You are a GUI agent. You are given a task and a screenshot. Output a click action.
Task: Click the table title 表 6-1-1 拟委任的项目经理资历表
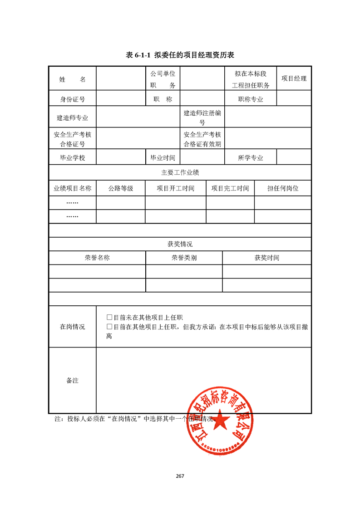[x=180, y=55]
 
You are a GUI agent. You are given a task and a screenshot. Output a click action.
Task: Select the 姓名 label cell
[x=72, y=79]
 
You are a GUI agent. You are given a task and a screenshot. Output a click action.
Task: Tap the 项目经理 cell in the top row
[x=294, y=78]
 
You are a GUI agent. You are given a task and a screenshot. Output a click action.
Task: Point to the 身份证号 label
[x=72, y=99]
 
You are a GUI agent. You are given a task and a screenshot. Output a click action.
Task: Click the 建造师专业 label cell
[x=72, y=118]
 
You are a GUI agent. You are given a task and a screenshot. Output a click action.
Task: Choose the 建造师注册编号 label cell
[x=202, y=117]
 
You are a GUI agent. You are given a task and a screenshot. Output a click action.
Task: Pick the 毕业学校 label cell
[x=72, y=158]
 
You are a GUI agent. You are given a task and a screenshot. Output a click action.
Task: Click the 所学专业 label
[x=251, y=158]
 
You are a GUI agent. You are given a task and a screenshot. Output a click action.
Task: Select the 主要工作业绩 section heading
[x=180, y=172]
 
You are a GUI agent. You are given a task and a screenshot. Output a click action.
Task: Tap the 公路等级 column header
[x=120, y=188]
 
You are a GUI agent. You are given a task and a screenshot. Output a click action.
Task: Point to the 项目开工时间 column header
[x=175, y=188]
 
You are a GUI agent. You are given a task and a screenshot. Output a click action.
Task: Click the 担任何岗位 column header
[x=282, y=188]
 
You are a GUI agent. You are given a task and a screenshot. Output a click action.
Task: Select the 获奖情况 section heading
[x=180, y=244]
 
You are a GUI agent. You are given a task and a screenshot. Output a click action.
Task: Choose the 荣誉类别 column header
[x=184, y=258]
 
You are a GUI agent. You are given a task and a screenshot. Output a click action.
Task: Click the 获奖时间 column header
[x=266, y=258]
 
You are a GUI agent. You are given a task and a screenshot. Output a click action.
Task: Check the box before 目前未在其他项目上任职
[x=109, y=318]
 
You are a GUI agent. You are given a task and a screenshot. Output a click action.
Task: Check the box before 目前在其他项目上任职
[x=109, y=327]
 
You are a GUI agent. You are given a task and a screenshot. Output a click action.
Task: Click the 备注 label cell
[x=72, y=380]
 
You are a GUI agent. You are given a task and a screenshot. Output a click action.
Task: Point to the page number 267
[x=180, y=476]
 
